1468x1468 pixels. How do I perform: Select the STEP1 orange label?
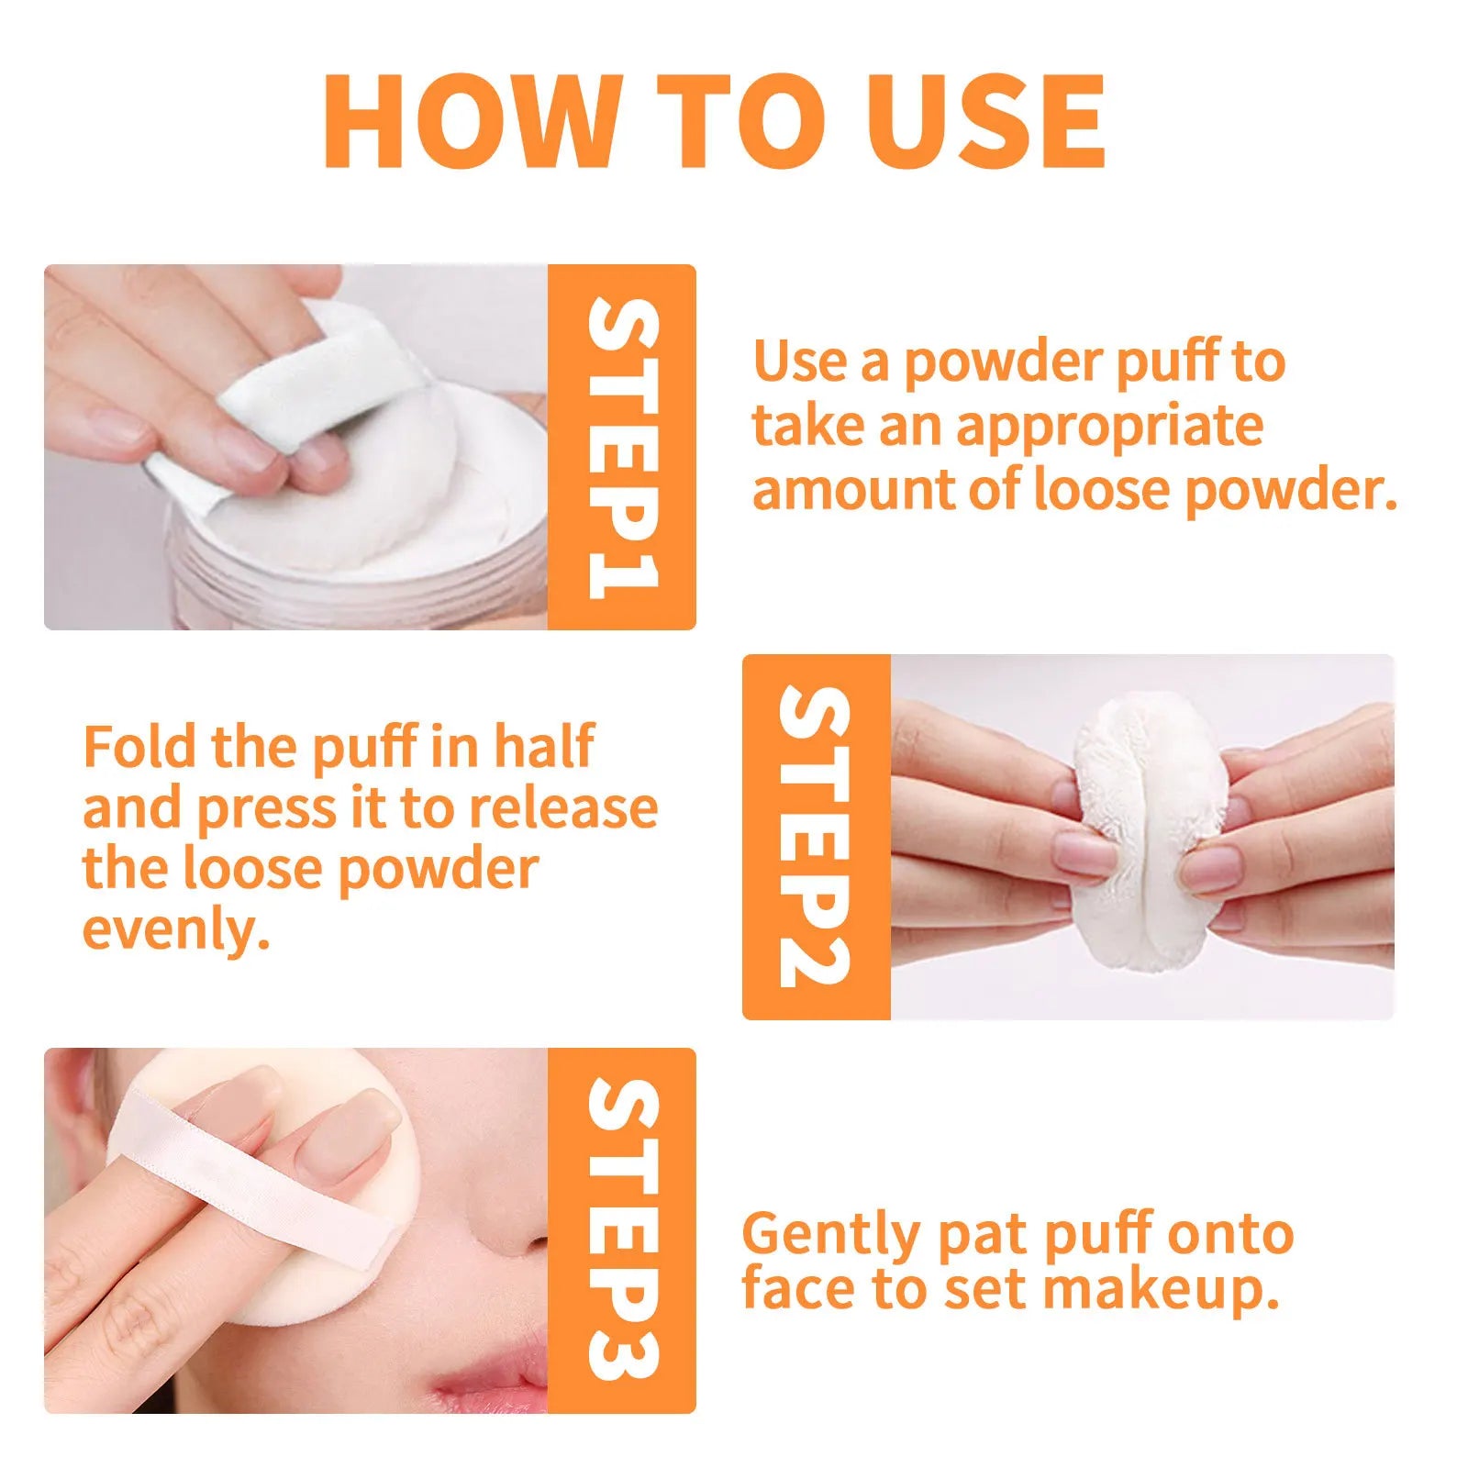click(622, 447)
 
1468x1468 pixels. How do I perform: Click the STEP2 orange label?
click(815, 836)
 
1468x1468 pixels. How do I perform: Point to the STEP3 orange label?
click(622, 1229)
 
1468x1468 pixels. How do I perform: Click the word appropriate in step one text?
click(1110, 428)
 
